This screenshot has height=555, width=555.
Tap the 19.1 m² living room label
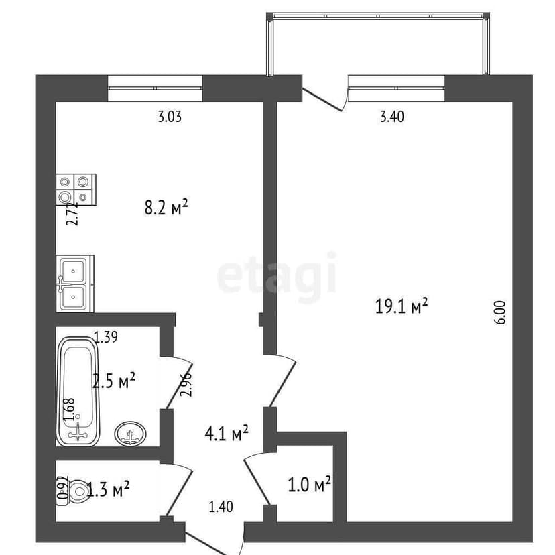pyautogui.click(x=401, y=307)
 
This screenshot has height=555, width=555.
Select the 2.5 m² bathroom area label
pyautogui.click(x=114, y=381)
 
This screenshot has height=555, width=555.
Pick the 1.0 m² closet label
pyautogui.click(x=310, y=484)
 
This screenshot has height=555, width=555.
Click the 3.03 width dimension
pyautogui.click(x=170, y=117)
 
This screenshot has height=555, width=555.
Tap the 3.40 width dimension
pyautogui.click(x=391, y=117)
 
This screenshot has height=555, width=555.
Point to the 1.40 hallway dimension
pyautogui.click(x=221, y=507)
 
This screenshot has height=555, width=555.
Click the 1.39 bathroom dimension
pyautogui.click(x=106, y=338)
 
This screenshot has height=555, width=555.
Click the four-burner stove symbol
pyautogui.click(x=75, y=189)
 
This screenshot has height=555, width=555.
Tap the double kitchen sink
pyautogui.click(x=74, y=283)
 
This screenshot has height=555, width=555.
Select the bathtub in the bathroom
pyautogui.click(x=79, y=391)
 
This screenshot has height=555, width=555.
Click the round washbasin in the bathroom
pyautogui.click(x=131, y=434)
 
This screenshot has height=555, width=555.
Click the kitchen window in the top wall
pyautogui.click(x=155, y=88)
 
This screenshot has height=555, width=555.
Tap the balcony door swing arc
pyautogui.click(x=324, y=99)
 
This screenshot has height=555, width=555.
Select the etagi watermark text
pyautogui.click(x=277, y=275)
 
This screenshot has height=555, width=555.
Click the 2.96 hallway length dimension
pyautogui.click(x=186, y=384)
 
